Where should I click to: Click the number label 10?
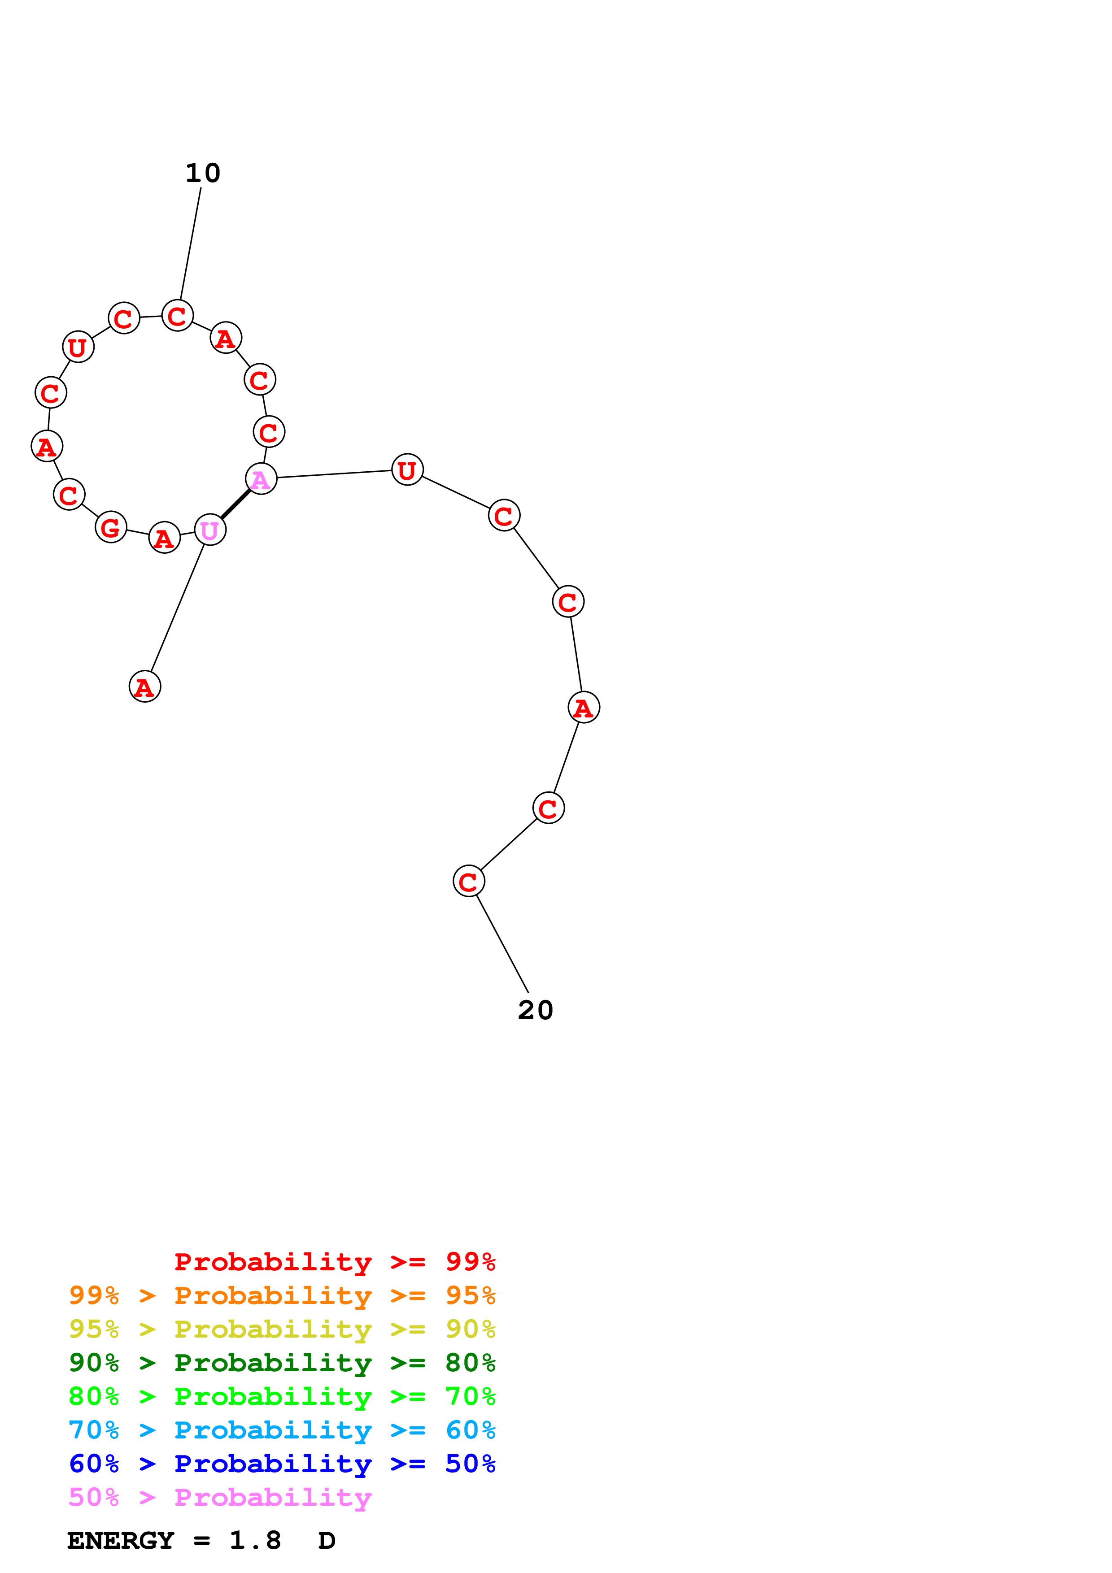pos(203,174)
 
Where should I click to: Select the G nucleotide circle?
pos(111,527)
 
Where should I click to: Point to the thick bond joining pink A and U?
pos(235,505)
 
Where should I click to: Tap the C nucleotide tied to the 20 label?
pos(469,881)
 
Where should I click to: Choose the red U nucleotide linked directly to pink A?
pos(407,470)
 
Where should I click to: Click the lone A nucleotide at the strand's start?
pos(144,687)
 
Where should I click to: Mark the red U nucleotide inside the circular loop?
pos(78,348)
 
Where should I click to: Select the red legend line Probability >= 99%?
pos(334,1262)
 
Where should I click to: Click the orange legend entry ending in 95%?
pos(282,1295)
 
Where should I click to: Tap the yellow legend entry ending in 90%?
pos(282,1329)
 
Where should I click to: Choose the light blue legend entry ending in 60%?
pos(282,1430)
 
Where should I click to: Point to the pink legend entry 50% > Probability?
pos(220,1497)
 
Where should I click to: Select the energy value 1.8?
pos(255,1541)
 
